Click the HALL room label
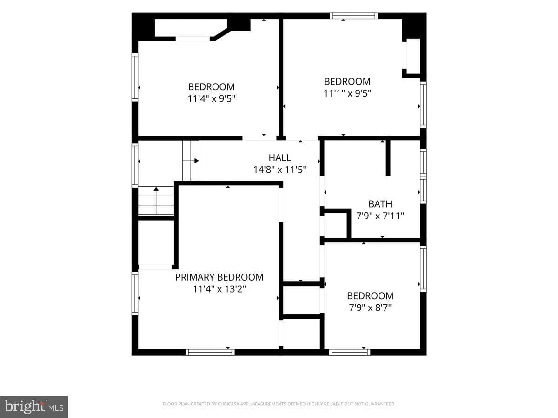279,158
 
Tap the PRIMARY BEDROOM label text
219,277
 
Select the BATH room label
380,204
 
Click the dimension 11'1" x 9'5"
347,94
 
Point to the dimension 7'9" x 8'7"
370,308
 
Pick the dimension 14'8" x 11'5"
279,170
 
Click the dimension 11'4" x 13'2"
219,289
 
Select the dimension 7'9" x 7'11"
380,216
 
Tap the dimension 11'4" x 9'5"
211,99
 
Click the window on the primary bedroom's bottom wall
210,352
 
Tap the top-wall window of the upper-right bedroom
354,16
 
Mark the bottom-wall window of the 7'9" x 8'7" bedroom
350,352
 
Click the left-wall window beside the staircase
135,165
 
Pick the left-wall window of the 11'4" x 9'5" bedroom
135,78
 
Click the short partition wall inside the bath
388,157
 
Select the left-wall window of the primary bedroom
135,294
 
